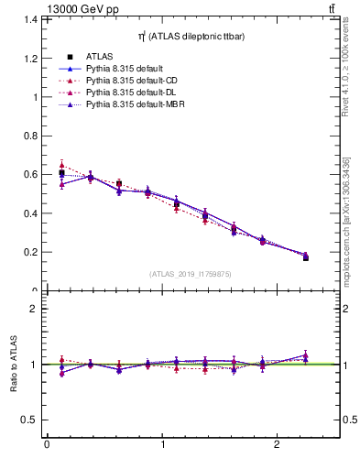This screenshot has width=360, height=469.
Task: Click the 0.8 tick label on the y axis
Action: point(31,136)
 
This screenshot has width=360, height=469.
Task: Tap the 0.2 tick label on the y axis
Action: point(31,252)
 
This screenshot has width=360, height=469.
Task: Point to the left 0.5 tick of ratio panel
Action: point(31,420)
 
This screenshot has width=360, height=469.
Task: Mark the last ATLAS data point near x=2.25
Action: point(306,257)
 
